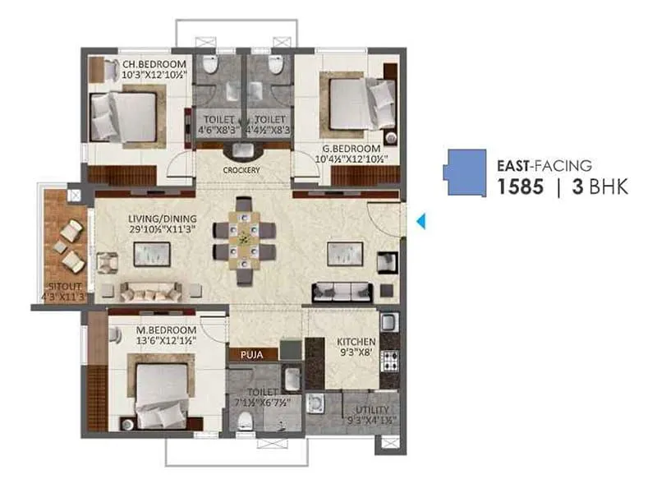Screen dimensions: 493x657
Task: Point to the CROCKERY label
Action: pyautogui.click(x=241, y=170)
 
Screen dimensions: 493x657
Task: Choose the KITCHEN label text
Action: pyautogui.click(x=356, y=341)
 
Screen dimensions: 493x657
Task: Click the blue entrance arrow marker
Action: pyautogui.click(x=420, y=221)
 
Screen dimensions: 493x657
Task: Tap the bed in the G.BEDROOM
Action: pyautogui.click(x=361, y=104)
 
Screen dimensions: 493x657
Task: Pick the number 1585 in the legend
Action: pyautogui.click(x=520, y=187)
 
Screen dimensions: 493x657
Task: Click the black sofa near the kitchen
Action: pyautogui.click(x=343, y=292)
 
